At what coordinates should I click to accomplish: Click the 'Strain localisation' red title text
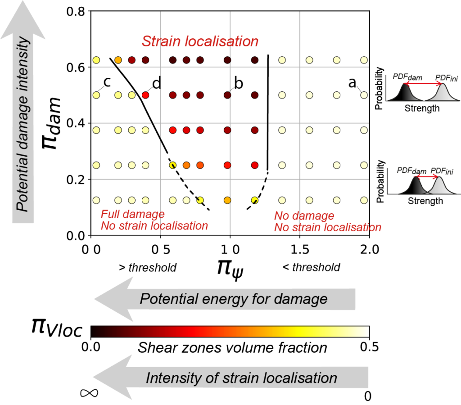click(x=200, y=41)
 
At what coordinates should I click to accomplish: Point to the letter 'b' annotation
click(x=239, y=83)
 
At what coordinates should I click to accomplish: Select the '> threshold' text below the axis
click(x=147, y=268)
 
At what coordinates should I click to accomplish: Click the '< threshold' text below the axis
click(x=311, y=268)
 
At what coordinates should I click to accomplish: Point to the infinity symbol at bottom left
click(x=89, y=393)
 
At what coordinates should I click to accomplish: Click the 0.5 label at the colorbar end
click(x=368, y=347)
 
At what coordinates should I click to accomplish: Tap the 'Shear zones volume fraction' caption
click(x=232, y=347)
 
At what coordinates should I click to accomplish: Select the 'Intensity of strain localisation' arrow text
click(x=241, y=378)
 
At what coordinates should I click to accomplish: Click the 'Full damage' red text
click(x=132, y=214)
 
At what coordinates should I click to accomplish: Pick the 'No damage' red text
click(x=304, y=216)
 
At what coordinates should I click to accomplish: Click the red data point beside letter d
click(x=145, y=95)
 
